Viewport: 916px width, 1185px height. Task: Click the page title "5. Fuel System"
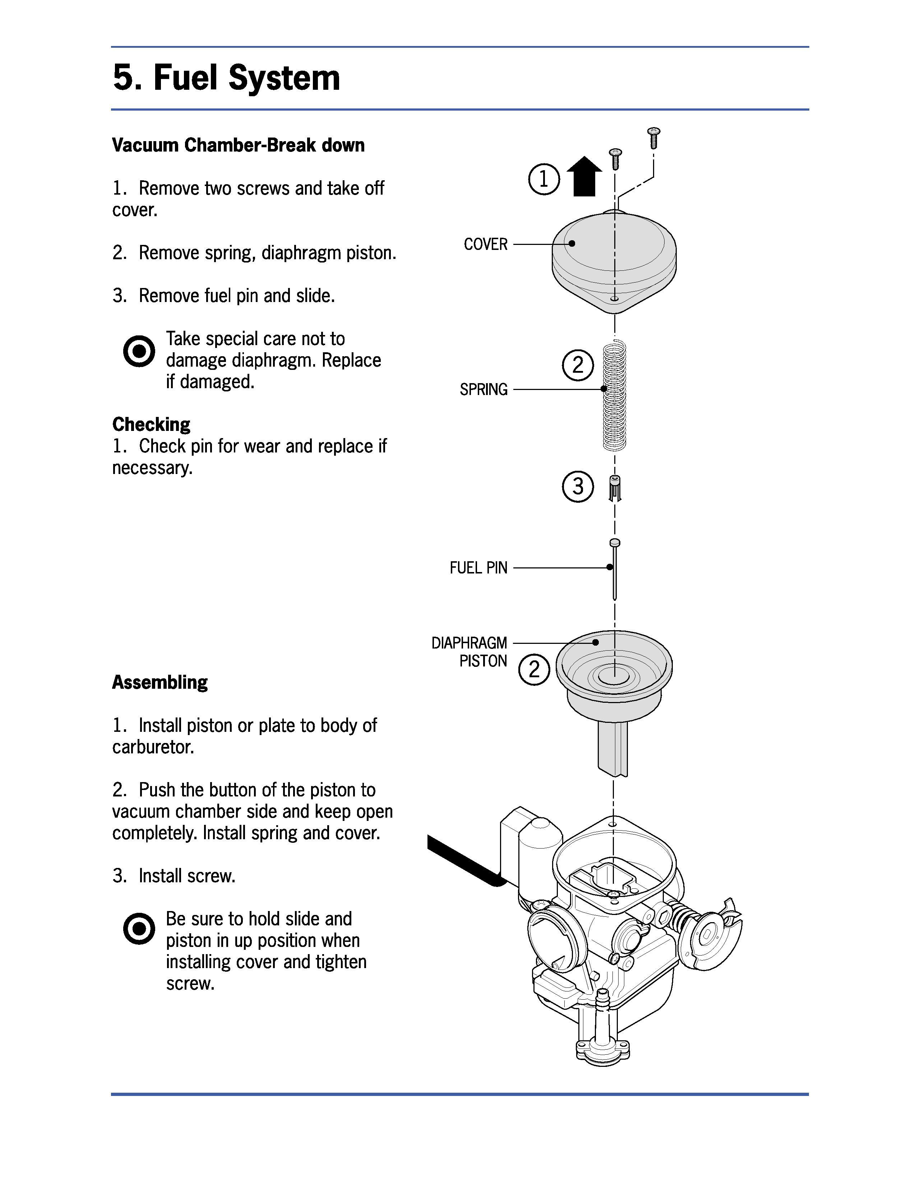pyautogui.click(x=226, y=78)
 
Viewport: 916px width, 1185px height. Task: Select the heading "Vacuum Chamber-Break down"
pyautogui.click(x=238, y=145)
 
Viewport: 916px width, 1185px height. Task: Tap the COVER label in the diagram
pyautogui.click(x=486, y=244)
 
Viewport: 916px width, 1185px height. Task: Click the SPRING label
pyautogui.click(x=484, y=390)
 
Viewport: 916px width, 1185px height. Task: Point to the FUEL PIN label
pyautogui.click(x=478, y=568)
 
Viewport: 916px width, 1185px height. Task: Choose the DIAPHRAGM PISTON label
pyautogui.click(x=469, y=652)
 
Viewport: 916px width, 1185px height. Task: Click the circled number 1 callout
pyautogui.click(x=544, y=179)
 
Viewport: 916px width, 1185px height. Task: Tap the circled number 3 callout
pyautogui.click(x=578, y=486)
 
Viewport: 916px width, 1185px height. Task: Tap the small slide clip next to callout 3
pyautogui.click(x=615, y=488)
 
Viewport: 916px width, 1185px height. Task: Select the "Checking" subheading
pyautogui.click(x=151, y=424)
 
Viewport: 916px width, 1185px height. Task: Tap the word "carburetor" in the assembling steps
pyautogui.click(x=152, y=747)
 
